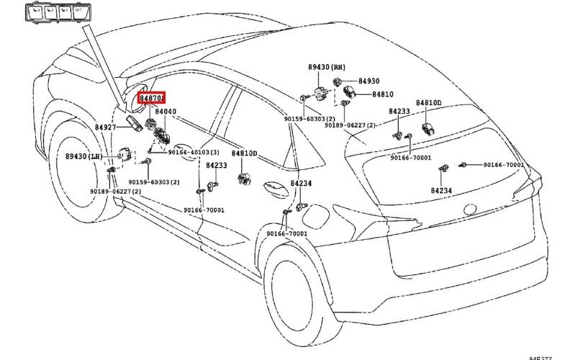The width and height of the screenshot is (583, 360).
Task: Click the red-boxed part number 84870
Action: (x=153, y=97)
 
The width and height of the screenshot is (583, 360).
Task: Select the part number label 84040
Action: (x=166, y=112)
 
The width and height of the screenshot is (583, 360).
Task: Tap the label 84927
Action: (x=105, y=127)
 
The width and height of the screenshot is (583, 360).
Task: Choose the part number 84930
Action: (x=369, y=81)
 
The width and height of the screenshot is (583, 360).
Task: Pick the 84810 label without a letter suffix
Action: (x=383, y=94)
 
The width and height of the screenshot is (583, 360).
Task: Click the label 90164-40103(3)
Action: (x=194, y=153)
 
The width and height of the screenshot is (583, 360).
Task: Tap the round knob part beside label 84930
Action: (x=340, y=80)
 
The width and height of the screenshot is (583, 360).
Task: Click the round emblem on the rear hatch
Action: (x=471, y=210)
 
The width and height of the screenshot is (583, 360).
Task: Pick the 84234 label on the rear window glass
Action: (x=441, y=191)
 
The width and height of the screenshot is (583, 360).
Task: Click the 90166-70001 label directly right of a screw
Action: (x=502, y=165)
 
